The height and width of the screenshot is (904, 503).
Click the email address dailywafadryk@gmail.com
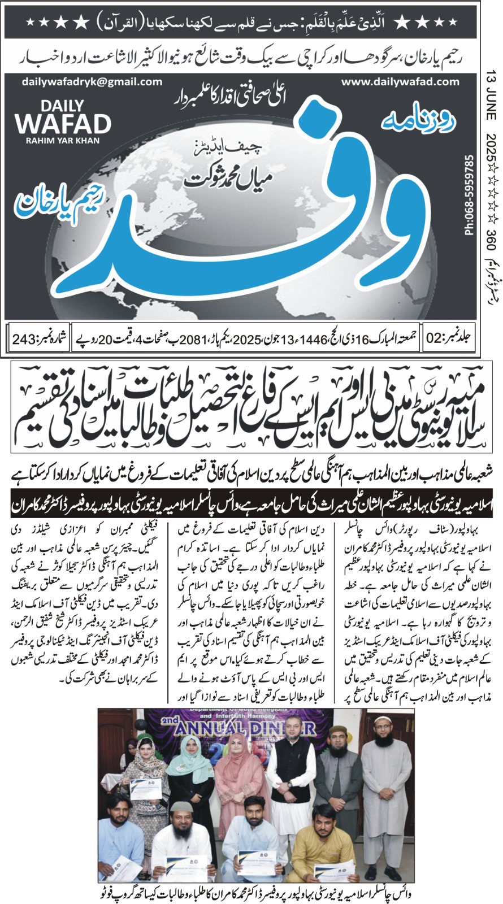pos(92,82)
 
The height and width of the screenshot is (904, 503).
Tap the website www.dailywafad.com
pos(401,82)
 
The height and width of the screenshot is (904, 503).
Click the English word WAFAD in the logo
pos(63,124)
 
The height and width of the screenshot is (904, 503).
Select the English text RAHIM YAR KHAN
pos(62,140)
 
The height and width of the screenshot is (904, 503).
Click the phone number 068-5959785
pos(469,194)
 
